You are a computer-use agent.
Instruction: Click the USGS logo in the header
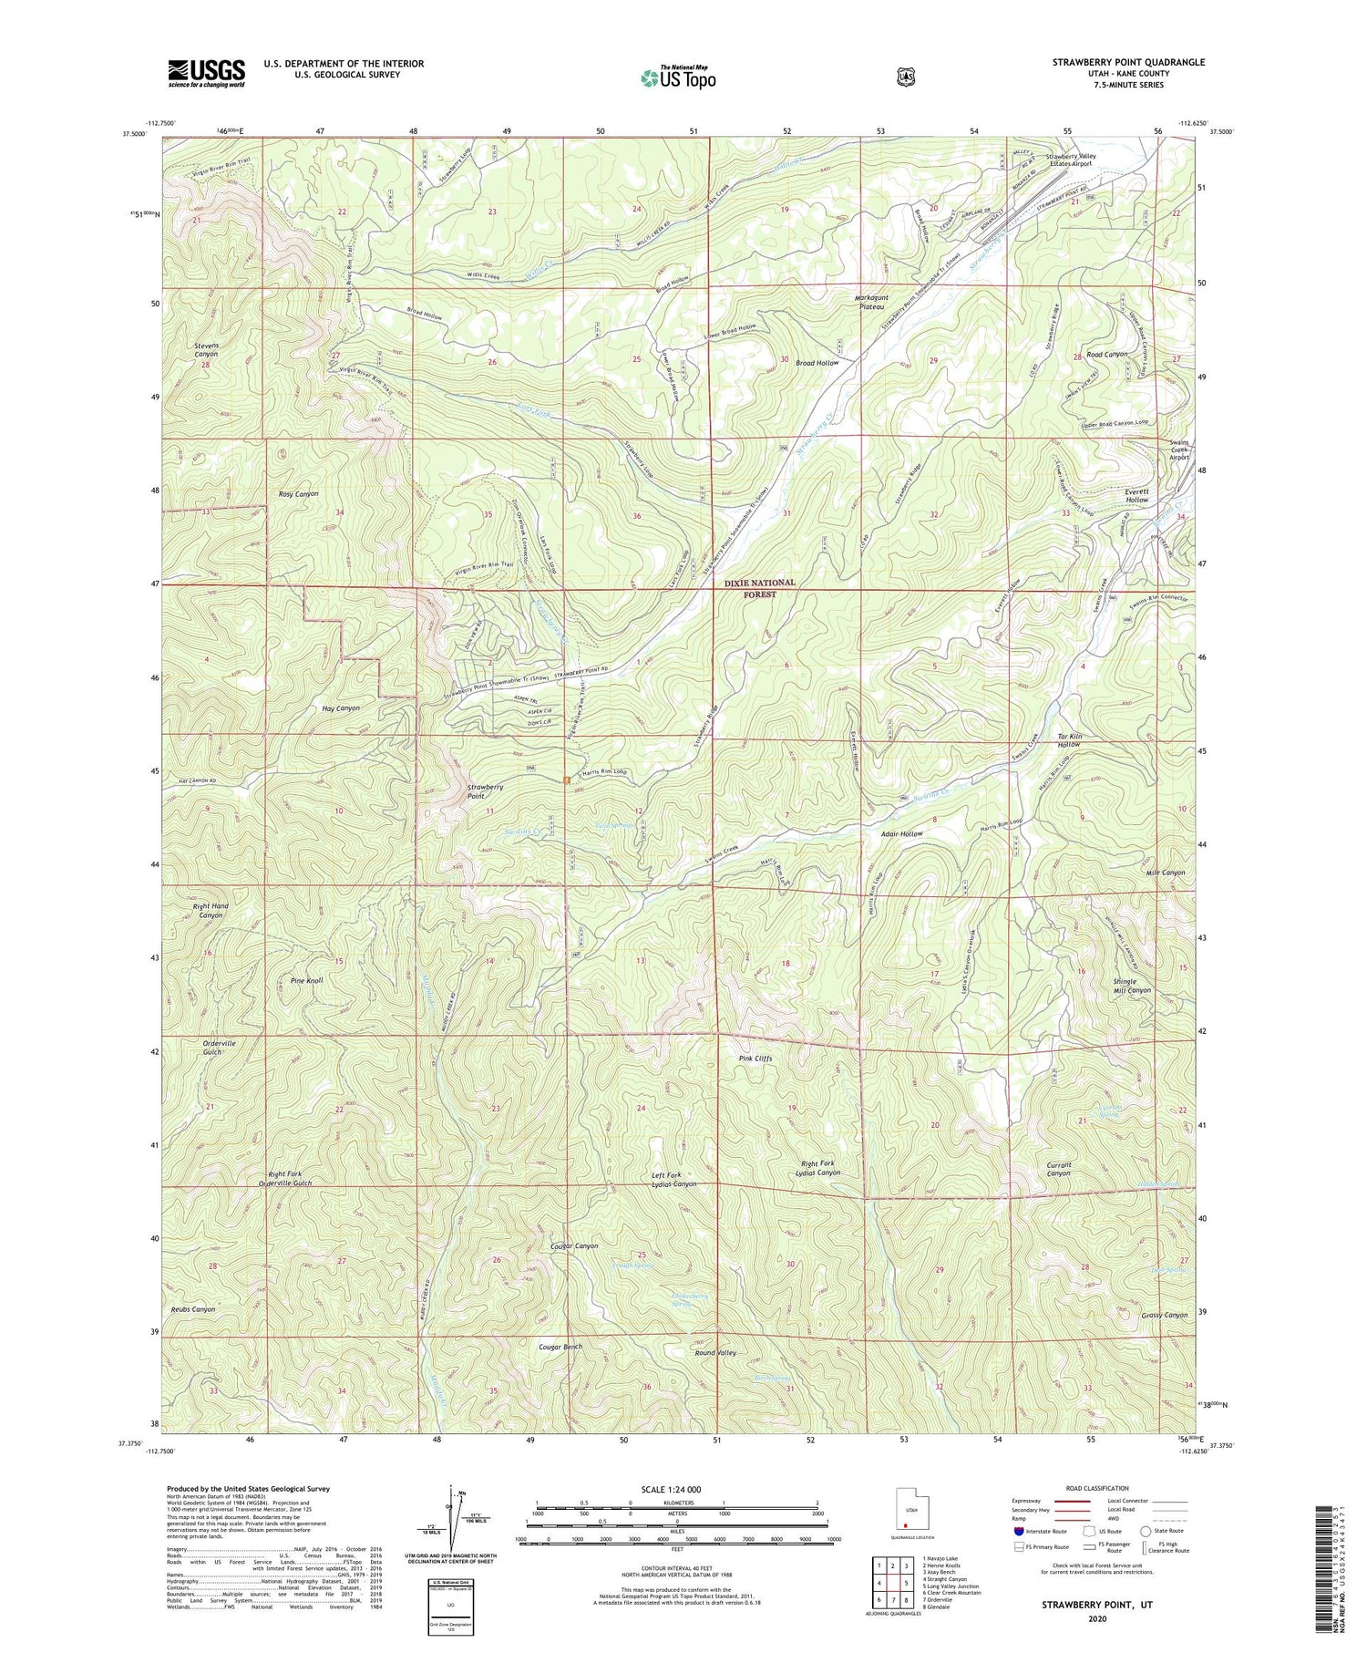pos(206,72)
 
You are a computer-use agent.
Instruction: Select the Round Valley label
pos(714,1353)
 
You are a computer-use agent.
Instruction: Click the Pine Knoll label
pos(306,980)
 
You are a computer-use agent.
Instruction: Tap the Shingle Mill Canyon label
pos(1132,985)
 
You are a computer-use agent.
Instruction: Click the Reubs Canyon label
pos(192,1309)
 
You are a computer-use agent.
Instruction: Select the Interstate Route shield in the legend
pos(1019,1531)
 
